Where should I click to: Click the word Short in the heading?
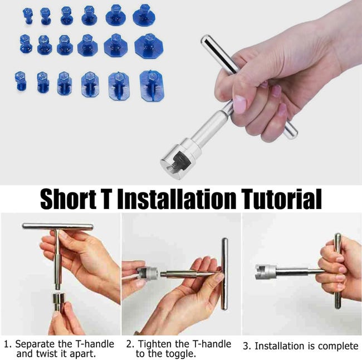pyautogui.click(x=69, y=199)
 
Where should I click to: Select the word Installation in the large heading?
pyautogui.click(x=177, y=199)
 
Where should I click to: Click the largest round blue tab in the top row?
pyautogui.click(x=144, y=14)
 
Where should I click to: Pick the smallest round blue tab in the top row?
pyautogui.click(x=28, y=15)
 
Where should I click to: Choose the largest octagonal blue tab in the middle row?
pyautogui.click(x=149, y=46)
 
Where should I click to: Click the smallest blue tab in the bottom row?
pyautogui.click(x=21, y=81)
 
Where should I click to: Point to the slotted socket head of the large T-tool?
pyautogui.click(x=178, y=159)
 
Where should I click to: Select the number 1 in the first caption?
pyautogui.click(x=6, y=344)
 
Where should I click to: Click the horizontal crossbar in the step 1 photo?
pyautogui.click(x=58, y=226)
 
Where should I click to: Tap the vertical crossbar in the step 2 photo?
pyautogui.click(x=224, y=274)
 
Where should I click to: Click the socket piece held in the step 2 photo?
pyautogui.click(x=148, y=274)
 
